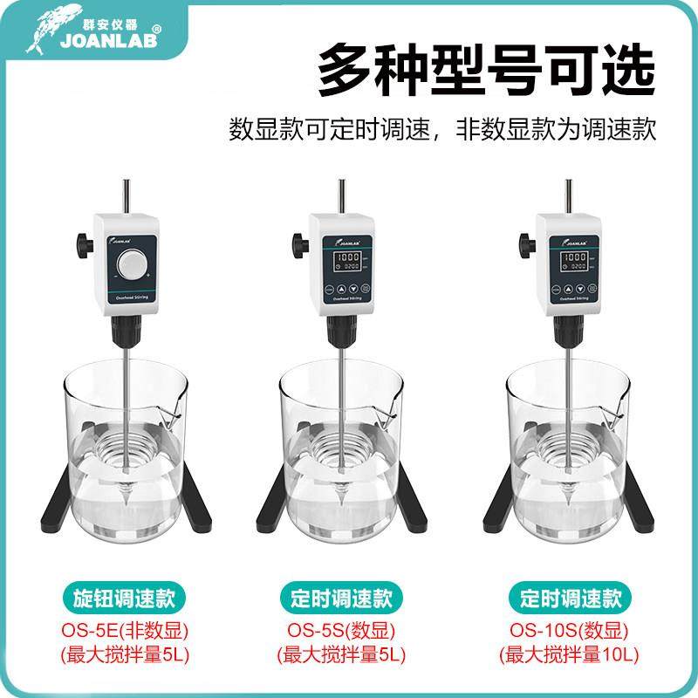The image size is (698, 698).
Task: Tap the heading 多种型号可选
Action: pos(485,71)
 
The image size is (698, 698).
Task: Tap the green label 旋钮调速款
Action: pos(120,599)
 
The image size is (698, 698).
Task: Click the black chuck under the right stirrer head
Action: pos(568,332)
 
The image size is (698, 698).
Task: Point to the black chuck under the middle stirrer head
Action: pos(344,332)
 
